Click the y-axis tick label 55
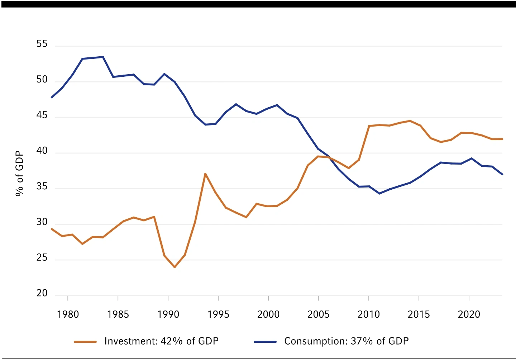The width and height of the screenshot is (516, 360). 42,44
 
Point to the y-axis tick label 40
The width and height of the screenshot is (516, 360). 42,151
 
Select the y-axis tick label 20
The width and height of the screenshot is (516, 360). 42,293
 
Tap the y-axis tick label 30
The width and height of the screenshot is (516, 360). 42,222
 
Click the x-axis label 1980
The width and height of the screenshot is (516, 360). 68,314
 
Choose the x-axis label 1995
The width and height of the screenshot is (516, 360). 218,314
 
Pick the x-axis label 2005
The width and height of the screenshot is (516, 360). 318,314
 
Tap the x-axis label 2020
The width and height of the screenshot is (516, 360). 469,314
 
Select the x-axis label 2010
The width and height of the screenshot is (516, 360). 368,314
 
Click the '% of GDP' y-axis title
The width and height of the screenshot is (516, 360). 19,174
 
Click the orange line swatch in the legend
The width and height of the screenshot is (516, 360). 85,342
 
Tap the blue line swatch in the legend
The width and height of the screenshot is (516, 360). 265,342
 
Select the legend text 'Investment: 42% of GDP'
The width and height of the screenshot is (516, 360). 161,341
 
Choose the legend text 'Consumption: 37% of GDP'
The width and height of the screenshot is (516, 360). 346,341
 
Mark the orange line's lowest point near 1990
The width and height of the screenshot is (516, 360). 175,267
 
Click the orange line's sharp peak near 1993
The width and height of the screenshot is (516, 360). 205,174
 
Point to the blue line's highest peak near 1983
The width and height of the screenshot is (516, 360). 103,57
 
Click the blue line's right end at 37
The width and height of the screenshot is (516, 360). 502,174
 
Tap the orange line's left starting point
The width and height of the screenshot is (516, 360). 52,229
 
